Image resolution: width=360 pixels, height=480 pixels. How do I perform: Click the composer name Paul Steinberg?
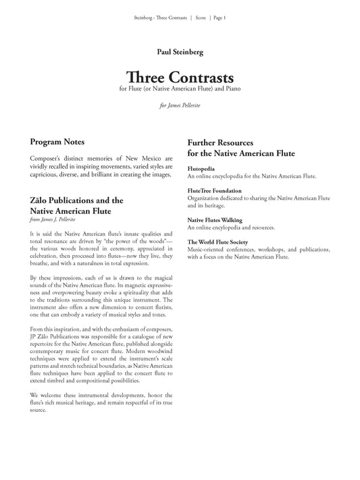(x=179, y=51)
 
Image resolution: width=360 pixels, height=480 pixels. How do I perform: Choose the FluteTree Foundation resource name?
(x=214, y=191)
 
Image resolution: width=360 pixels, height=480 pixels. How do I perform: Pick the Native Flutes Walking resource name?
(x=215, y=220)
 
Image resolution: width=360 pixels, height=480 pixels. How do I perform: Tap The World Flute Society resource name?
(x=217, y=242)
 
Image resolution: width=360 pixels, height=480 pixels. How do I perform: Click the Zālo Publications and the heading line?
(x=76, y=201)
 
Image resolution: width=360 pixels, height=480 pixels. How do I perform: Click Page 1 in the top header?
(x=220, y=18)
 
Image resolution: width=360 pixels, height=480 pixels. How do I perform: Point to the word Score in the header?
(x=200, y=18)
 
